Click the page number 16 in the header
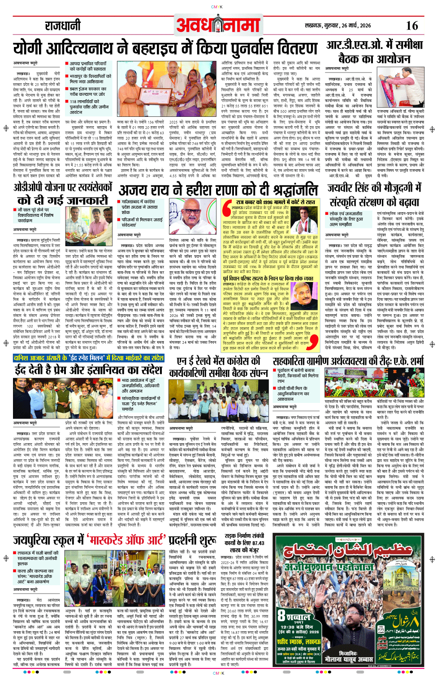(412, 26)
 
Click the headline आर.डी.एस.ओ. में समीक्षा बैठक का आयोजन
(374, 52)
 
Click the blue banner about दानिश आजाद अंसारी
(89, 358)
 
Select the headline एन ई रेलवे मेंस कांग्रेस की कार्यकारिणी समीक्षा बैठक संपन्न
(218, 367)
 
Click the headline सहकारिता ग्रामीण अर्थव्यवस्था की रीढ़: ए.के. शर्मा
(348, 361)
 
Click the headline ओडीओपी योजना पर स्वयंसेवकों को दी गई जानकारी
(62, 193)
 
